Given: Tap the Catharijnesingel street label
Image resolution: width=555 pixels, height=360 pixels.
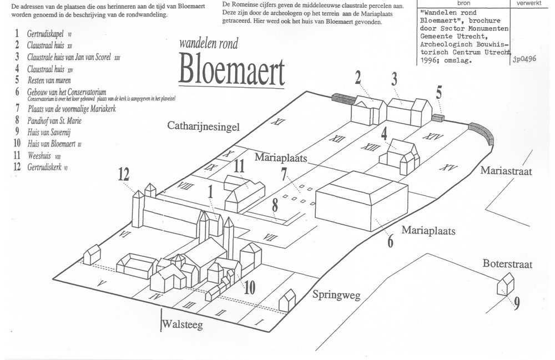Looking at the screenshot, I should click(203, 127).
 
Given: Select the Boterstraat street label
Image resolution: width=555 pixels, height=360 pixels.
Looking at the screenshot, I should click(507, 264).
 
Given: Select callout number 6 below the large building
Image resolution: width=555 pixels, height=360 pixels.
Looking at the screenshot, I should click(390, 242).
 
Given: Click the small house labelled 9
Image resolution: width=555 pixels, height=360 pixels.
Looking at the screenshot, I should click(505, 284).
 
